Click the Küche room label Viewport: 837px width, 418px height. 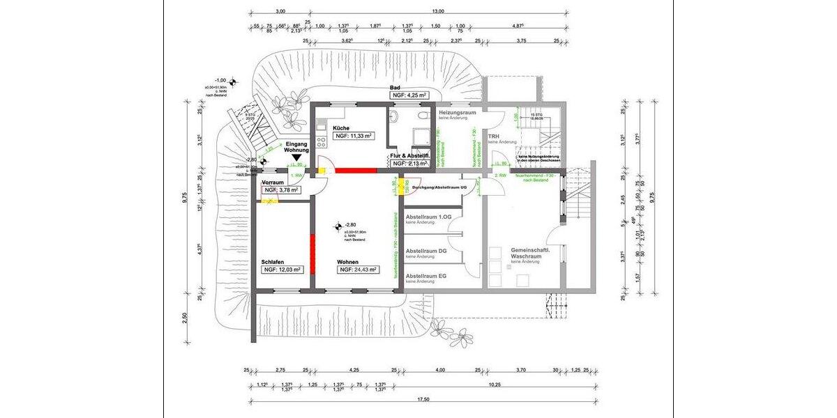coord(341,128)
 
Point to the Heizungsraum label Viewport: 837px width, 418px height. coord(457,112)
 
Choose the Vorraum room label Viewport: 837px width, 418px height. coord(273,182)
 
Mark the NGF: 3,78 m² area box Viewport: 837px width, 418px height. coord(281,189)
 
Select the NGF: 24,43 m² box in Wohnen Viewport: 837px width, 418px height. coord(359,270)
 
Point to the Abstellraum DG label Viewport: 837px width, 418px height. coord(426,250)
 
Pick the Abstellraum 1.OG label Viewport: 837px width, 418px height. coord(429,217)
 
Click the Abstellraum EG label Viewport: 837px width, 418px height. coord(426,275)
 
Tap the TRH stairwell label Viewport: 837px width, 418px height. coord(494,136)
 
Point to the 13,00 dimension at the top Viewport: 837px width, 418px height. coord(437,11)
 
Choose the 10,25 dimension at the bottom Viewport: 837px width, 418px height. coord(496,385)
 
